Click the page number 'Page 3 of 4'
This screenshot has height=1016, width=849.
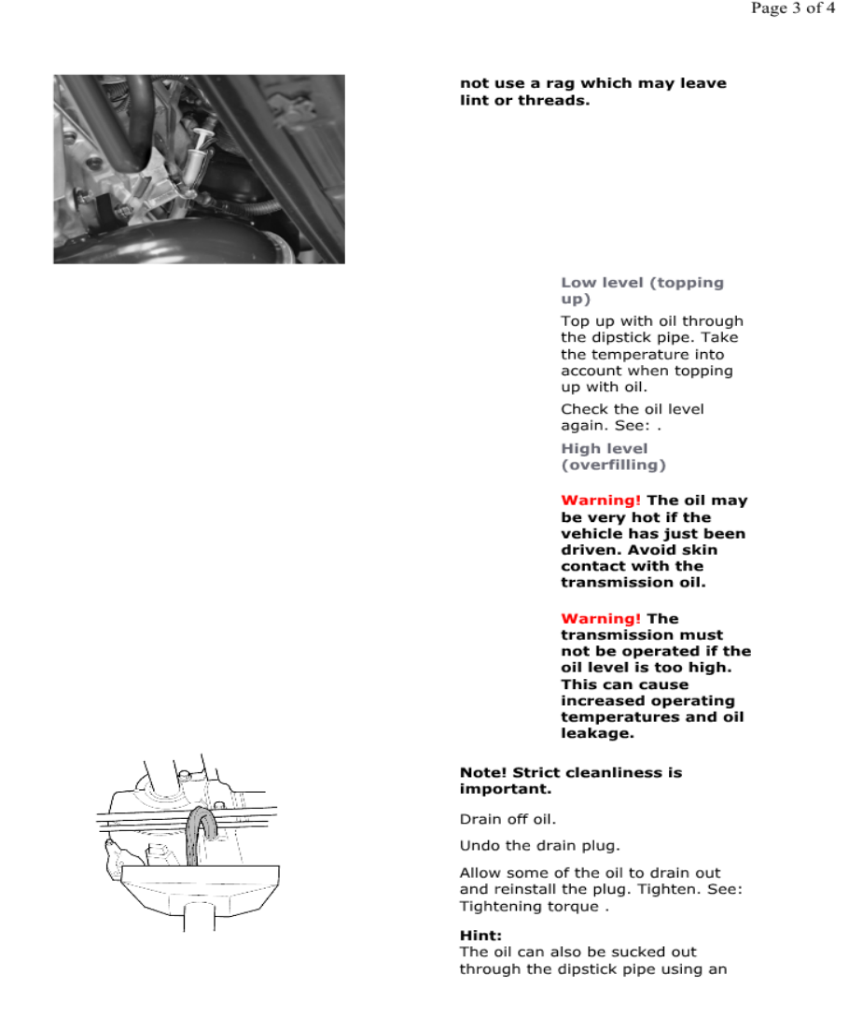pyautogui.click(x=792, y=9)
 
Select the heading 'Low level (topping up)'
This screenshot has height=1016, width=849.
pyautogui.click(x=642, y=290)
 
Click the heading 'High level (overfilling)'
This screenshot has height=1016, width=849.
pyautogui.click(x=613, y=457)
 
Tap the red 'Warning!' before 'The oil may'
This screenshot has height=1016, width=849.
pyautogui.click(x=601, y=501)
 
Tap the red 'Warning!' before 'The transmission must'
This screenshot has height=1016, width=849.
pyautogui.click(x=601, y=618)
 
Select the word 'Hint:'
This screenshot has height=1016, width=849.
pyautogui.click(x=480, y=935)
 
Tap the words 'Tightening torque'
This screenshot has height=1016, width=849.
pyautogui.click(x=529, y=907)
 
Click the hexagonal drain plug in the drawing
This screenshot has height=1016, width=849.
pyautogui.click(x=156, y=852)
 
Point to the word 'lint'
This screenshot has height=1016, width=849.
pyautogui.click(x=475, y=100)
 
